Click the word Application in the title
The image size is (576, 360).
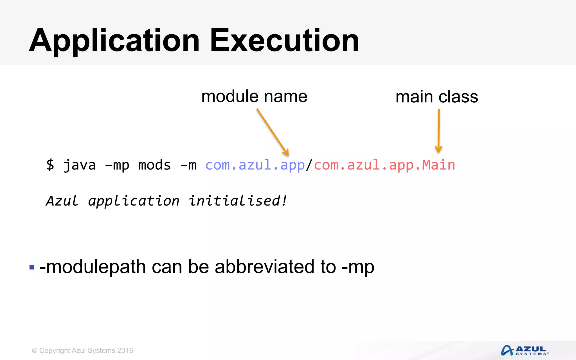[x=114, y=41]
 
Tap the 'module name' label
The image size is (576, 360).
[x=254, y=96]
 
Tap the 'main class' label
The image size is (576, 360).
[x=436, y=97]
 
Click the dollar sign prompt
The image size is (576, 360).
[x=50, y=165]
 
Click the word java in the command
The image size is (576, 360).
[x=79, y=165]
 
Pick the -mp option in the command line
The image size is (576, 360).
[x=117, y=165]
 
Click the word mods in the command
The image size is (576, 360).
[x=154, y=165]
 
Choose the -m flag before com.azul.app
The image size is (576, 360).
[x=188, y=165]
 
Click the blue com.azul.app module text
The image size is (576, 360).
[x=255, y=165]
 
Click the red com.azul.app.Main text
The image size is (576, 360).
[x=384, y=165]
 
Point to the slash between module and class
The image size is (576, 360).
[x=309, y=165]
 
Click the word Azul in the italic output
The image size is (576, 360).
[x=62, y=201]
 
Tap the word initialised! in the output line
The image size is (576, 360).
[x=238, y=201]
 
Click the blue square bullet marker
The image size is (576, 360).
[x=32, y=267]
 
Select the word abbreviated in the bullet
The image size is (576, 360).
[x=264, y=267]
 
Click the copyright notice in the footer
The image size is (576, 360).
[x=82, y=350]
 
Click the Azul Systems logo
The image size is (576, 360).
[x=524, y=350]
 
